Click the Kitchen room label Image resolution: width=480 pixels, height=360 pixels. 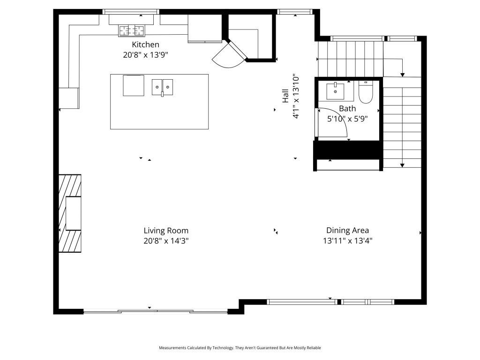[145, 45]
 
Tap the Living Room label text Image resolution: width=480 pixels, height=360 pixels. [166, 231]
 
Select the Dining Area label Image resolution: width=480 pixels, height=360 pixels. [347, 230]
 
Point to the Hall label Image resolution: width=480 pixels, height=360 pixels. [285, 96]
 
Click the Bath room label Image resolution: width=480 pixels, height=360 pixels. [347, 109]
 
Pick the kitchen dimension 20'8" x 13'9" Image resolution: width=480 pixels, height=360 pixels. [145, 54]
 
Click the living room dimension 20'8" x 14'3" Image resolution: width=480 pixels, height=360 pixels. [166, 241]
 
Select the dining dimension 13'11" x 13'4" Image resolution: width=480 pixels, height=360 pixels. [347, 241]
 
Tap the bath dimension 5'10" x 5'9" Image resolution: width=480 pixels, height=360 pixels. [347, 119]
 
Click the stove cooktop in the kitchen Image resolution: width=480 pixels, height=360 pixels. [131, 31]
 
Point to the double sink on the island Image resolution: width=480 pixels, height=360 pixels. [162, 87]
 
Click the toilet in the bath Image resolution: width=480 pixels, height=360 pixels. [365, 93]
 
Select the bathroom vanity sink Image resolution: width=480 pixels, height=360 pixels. [336, 91]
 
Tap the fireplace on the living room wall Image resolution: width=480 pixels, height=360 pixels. [70, 213]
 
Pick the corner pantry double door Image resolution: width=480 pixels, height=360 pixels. [230, 54]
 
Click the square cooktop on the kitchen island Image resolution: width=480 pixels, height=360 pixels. [134, 85]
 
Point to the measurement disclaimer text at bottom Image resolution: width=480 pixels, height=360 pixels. [240, 348]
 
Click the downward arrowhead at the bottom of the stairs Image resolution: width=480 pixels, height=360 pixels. [402, 165]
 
